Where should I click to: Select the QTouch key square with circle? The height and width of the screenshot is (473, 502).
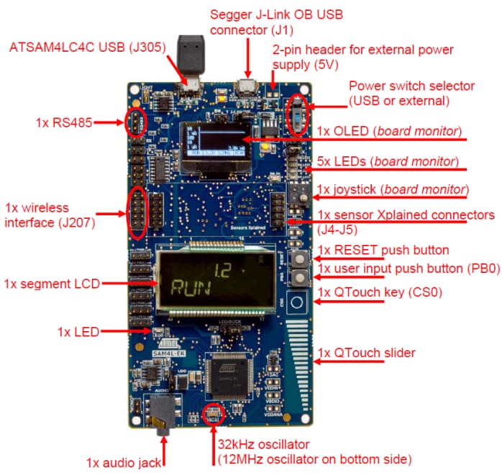point(296,302)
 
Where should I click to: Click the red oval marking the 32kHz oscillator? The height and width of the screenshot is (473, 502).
point(213,414)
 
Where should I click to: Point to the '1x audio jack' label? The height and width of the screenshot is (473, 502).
point(124,462)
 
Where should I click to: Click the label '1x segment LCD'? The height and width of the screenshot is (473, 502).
point(50,282)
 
